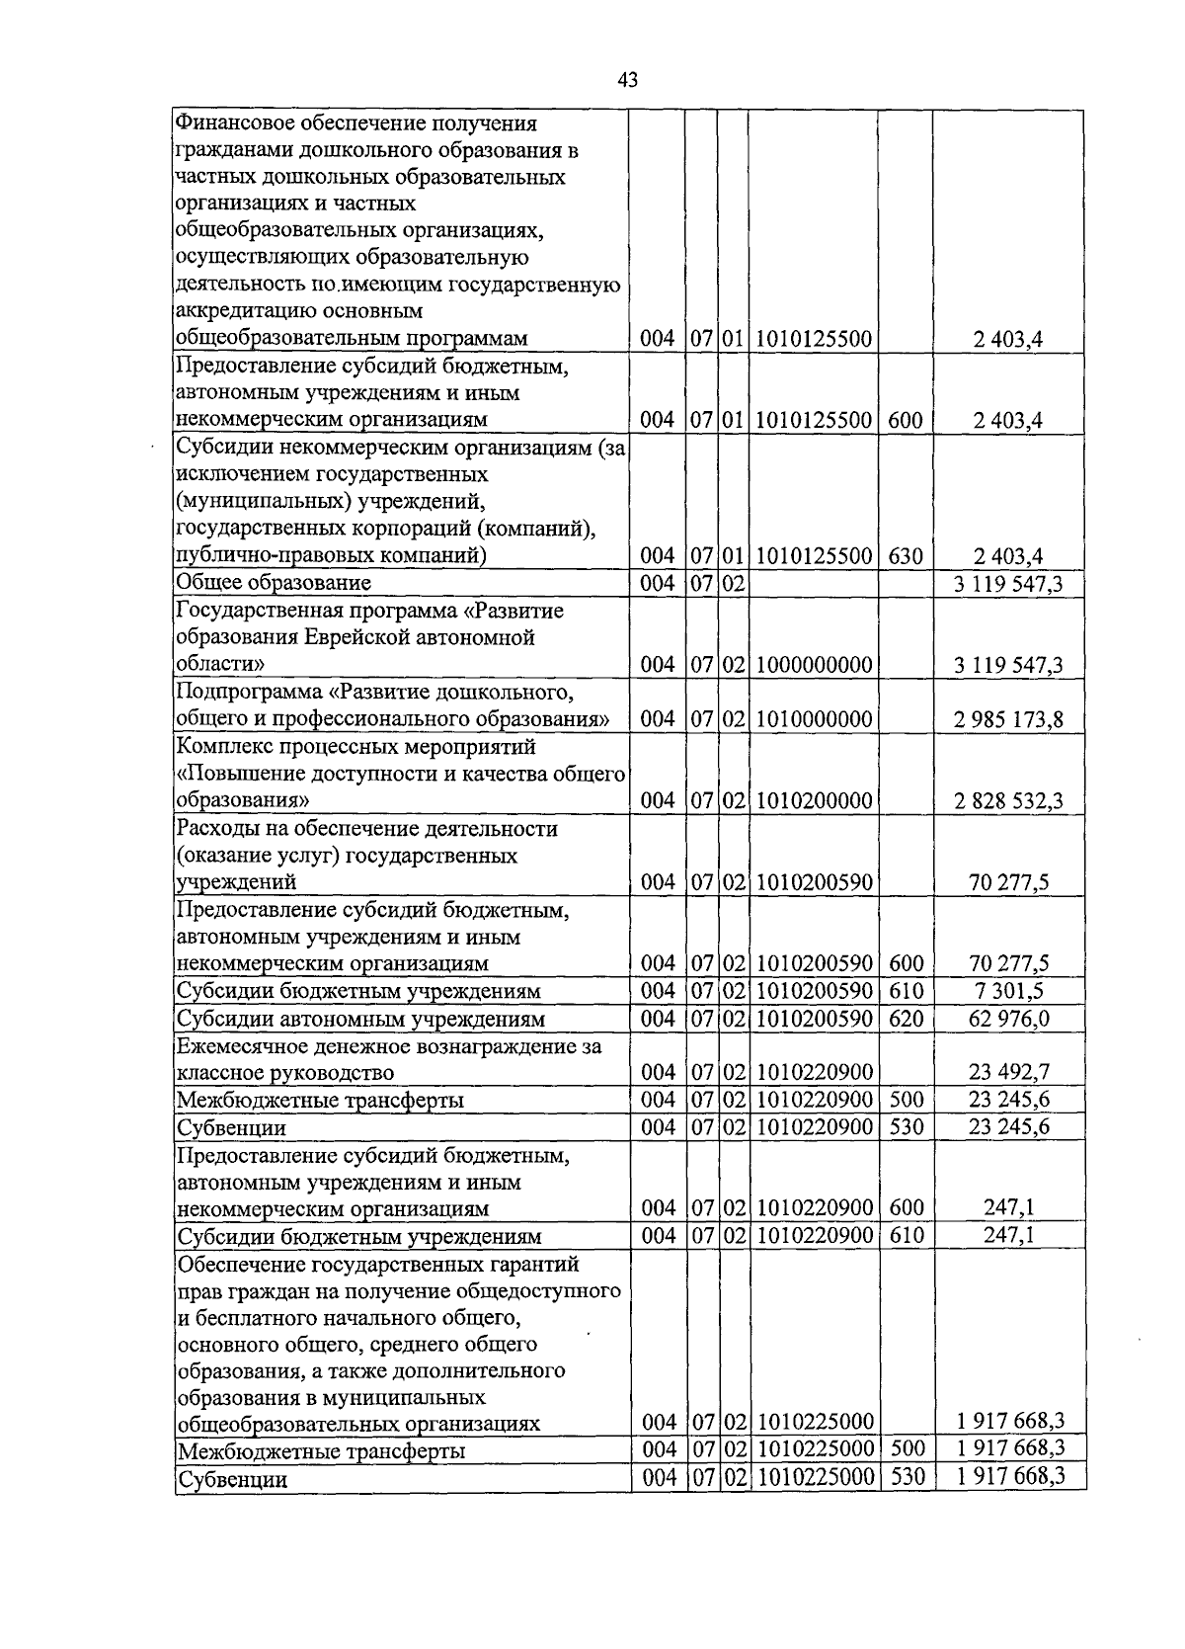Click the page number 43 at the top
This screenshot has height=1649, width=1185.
click(x=627, y=81)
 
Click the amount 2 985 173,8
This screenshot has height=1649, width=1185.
click(x=1008, y=719)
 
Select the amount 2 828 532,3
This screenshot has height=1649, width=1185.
click(x=1008, y=800)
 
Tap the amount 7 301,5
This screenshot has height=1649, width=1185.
click(x=1008, y=991)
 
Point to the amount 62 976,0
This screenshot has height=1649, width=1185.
click(x=1008, y=1018)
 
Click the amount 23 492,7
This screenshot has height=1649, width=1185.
click(x=1008, y=1072)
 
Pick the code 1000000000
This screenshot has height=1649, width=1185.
click(x=814, y=665)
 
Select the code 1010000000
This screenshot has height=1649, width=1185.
click(x=814, y=719)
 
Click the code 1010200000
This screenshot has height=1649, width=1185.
click(x=814, y=800)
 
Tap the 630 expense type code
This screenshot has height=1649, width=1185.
click(x=905, y=556)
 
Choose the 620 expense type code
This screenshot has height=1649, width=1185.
click(x=905, y=1018)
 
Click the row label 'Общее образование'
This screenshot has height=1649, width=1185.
click(x=273, y=583)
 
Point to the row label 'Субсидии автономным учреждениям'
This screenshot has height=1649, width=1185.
click(x=360, y=1019)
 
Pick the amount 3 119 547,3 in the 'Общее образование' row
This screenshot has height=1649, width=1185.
click(x=1008, y=584)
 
